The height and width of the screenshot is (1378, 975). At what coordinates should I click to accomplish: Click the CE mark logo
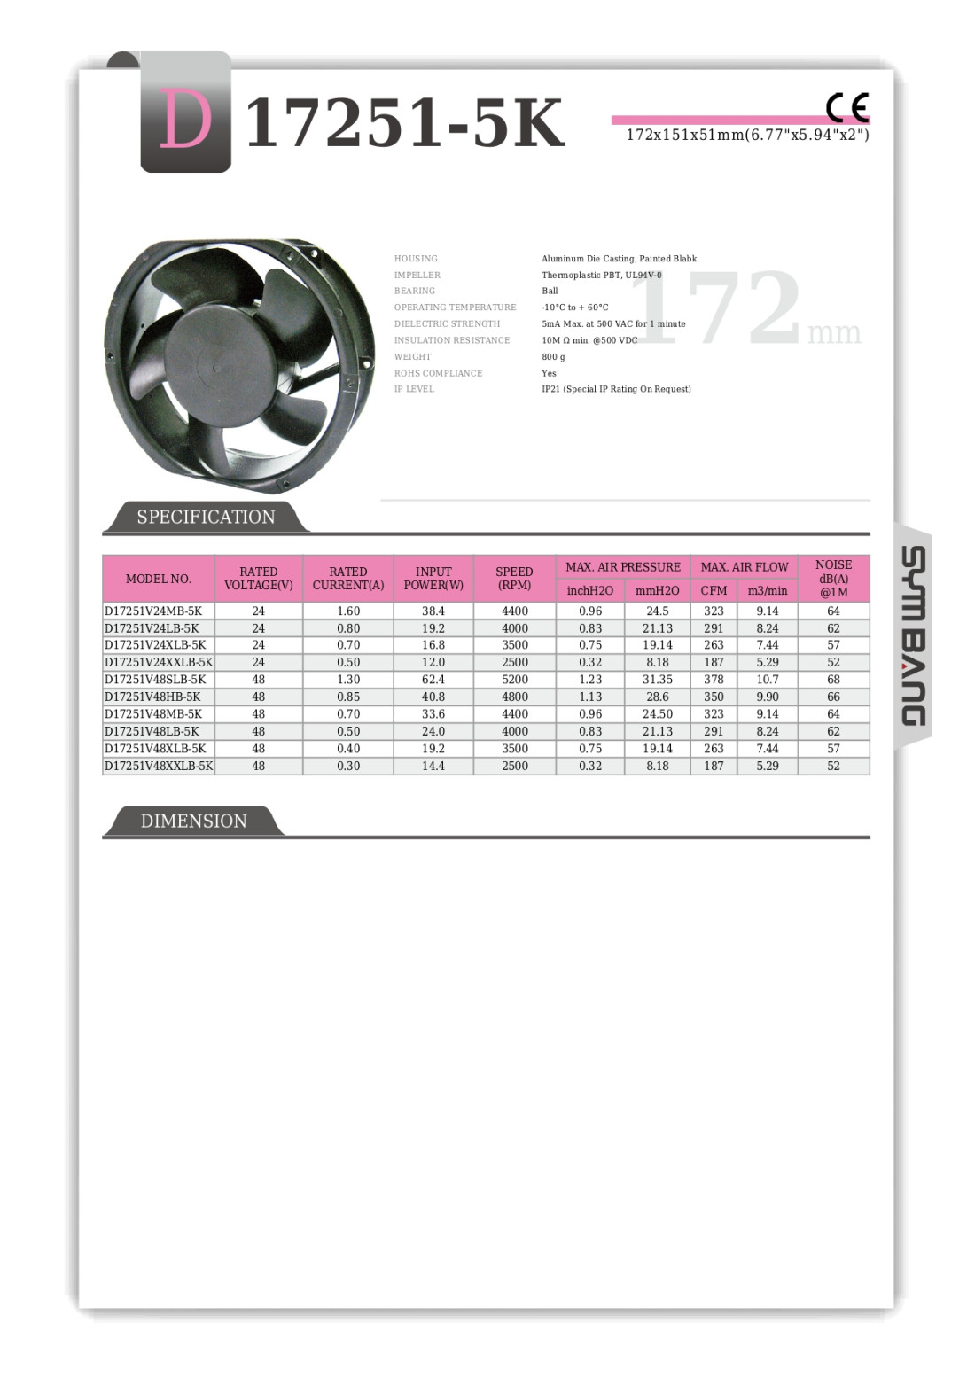(x=846, y=107)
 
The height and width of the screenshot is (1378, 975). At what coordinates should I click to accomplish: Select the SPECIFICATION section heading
(x=206, y=517)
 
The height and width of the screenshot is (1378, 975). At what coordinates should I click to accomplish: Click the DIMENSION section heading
(x=193, y=821)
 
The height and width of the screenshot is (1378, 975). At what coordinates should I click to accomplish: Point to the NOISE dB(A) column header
(x=833, y=578)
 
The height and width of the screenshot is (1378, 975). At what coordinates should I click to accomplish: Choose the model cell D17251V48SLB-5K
(x=153, y=680)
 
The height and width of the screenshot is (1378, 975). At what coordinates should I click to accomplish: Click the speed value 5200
(x=515, y=680)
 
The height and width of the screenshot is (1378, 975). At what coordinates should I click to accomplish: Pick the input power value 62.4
(x=433, y=680)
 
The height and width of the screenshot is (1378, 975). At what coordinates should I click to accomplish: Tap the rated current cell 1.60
(x=348, y=611)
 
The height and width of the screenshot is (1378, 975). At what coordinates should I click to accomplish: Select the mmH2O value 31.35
(x=658, y=680)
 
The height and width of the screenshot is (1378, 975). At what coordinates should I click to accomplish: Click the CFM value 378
(x=714, y=680)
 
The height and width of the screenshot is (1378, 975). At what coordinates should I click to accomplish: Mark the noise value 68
(x=833, y=680)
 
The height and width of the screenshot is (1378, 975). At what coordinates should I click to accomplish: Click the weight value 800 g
(x=553, y=357)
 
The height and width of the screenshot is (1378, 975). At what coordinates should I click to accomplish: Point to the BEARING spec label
(x=415, y=291)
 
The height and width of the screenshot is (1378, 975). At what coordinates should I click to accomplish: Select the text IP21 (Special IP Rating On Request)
(x=616, y=389)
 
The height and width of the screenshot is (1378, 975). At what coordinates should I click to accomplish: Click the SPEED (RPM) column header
(x=514, y=578)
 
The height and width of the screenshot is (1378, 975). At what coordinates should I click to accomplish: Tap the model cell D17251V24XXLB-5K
(x=159, y=662)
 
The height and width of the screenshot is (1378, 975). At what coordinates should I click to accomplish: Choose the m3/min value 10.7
(x=768, y=680)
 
